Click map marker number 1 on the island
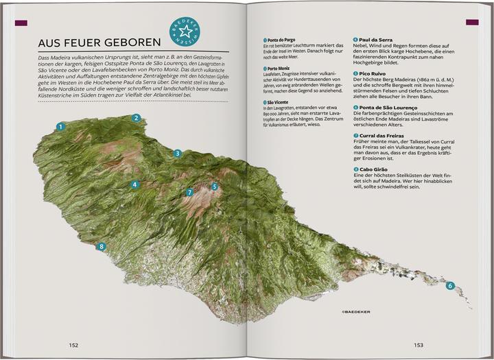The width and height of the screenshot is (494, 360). (61, 126)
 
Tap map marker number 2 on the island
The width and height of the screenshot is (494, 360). (137, 118)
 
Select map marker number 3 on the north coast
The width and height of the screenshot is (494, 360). (177, 154)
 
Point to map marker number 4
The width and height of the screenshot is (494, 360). (136, 184)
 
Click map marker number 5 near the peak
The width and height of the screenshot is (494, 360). (215, 186)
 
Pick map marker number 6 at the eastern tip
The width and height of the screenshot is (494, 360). (450, 286)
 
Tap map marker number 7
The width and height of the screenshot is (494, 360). (190, 193)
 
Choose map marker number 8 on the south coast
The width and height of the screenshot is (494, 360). (102, 247)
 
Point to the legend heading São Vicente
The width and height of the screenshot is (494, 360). (280, 102)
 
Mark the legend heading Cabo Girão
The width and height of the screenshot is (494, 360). (375, 169)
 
